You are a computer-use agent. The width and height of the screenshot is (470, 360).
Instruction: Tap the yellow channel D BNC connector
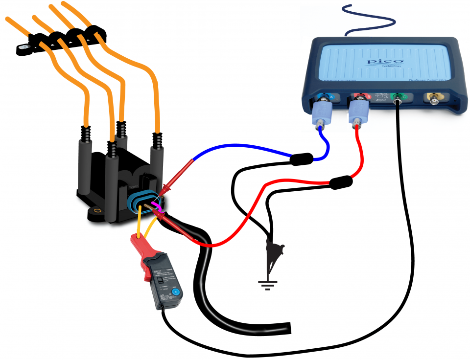(434, 99)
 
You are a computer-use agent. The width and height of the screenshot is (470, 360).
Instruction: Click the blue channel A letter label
(332, 98)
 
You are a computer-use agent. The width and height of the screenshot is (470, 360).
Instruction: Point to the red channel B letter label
(368, 97)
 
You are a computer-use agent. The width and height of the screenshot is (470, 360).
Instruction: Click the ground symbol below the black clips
(267, 284)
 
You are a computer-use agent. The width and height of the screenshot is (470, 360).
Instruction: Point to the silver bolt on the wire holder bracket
(23, 48)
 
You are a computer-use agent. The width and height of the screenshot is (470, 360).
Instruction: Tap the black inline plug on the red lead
(341, 183)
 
